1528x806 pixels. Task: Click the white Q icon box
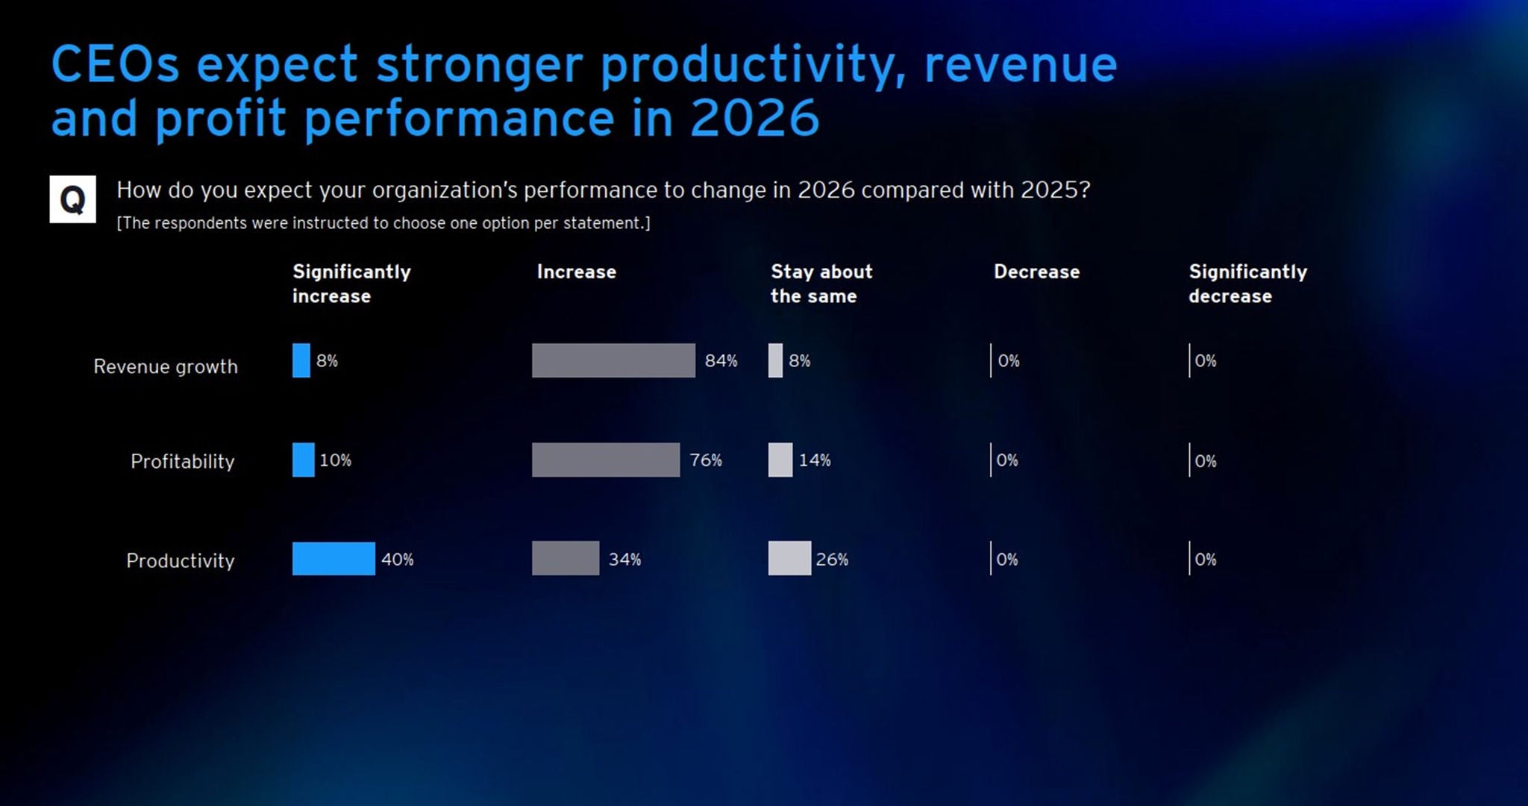click(x=72, y=199)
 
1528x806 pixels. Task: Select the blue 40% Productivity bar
click(x=334, y=558)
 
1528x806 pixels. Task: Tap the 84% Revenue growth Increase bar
click(x=613, y=360)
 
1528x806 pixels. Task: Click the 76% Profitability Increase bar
click(x=606, y=460)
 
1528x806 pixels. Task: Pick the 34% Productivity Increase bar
click(x=566, y=558)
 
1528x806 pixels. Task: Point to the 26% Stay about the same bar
click(x=789, y=558)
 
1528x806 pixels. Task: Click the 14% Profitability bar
click(x=780, y=460)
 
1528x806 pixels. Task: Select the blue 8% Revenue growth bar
click(x=301, y=360)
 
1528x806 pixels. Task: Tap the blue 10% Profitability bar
click(x=303, y=460)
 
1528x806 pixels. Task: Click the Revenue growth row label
click(x=166, y=366)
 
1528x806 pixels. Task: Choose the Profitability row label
click(x=182, y=461)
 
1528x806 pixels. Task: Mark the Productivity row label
click(x=180, y=560)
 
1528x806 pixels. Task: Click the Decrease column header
click(x=1036, y=272)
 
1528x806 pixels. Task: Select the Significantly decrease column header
click(x=1247, y=284)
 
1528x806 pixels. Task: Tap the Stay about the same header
click(x=821, y=284)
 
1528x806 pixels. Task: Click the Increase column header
click(x=577, y=272)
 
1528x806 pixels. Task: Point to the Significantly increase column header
click(x=351, y=284)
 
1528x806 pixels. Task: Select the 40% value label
click(x=397, y=559)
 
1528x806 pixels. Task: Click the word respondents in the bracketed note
click(x=201, y=223)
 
